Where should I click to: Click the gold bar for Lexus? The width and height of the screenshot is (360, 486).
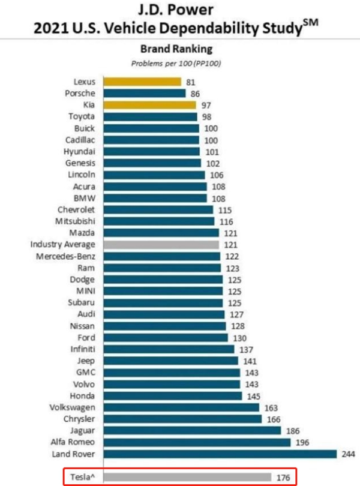(142, 82)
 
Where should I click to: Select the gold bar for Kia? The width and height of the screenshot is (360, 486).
(149, 105)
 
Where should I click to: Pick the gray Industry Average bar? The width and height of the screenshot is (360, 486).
(161, 245)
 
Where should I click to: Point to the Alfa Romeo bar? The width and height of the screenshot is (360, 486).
(197, 442)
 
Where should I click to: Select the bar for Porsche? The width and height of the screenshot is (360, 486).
(145, 94)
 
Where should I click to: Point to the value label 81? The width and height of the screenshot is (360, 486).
(191, 82)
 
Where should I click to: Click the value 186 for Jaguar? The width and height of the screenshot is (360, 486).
(293, 430)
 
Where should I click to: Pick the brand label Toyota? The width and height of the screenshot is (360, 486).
(81, 116)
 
